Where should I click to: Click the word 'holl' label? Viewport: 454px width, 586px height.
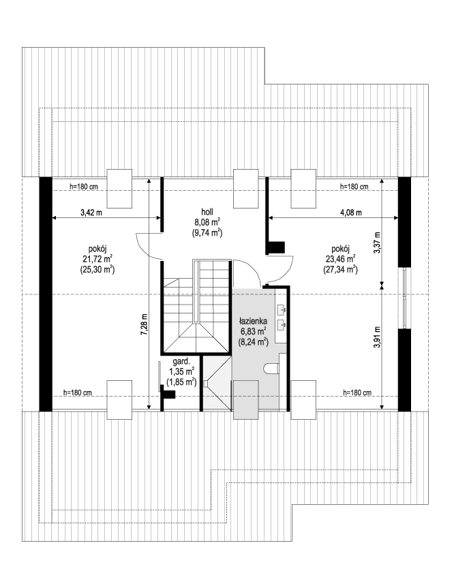coord(208,212)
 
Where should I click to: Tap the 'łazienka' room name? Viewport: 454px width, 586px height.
coord(252,320)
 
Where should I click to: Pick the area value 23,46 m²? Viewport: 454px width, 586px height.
coord(341,259)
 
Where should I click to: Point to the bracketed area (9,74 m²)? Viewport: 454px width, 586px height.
coord(208,232)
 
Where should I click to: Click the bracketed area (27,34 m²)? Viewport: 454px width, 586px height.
coord(341,270)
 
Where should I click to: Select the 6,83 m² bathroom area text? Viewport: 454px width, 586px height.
coord(253,331)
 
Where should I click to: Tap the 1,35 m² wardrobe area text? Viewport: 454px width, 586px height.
coord(181,371)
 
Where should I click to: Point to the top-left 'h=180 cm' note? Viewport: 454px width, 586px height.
coord(84,187)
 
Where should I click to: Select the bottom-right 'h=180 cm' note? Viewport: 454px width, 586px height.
coord(357,392)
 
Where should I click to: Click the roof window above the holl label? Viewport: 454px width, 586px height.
coord(245,188)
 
